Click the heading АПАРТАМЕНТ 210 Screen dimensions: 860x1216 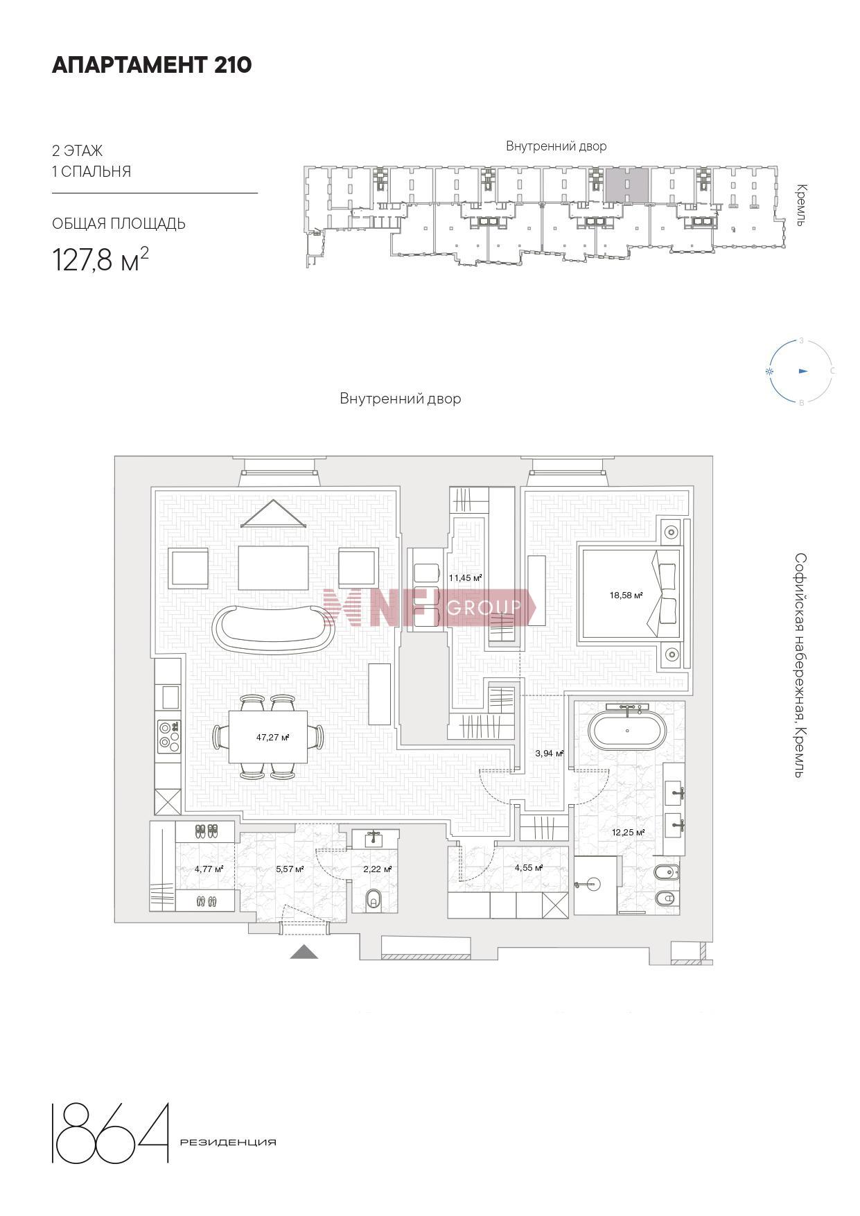tap(152, 65)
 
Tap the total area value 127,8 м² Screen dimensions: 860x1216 tap(100, 260)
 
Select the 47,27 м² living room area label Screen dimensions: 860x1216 tap(272, 738)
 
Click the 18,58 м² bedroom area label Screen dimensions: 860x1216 tap(626, 595)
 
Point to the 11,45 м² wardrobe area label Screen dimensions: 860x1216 tap(465, 577)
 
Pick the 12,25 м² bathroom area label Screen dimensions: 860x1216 tap(628, 833)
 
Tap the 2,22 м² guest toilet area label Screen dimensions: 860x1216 tap(378, 869)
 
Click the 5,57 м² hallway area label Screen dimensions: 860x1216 tap(290, 869)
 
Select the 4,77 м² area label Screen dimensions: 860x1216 tap(209, 869)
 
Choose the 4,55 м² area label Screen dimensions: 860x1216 tap(528, 867)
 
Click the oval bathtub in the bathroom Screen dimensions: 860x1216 tap(627, 731)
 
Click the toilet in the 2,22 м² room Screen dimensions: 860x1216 tap(374, 899)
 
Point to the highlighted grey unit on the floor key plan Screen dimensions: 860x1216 tap(626, 185)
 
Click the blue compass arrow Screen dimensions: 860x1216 tap(803, 372)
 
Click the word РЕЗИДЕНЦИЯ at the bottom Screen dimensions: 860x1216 tap(228, 1143)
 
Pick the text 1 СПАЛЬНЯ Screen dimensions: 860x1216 tap(91, 172)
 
